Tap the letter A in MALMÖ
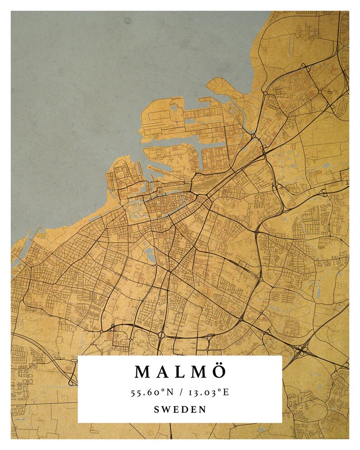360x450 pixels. pos(165,372)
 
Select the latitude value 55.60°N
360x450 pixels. pos(153,392)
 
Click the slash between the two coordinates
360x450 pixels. pos(180,392)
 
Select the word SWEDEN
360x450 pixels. pos(180,410)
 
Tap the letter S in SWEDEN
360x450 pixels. pos(157,410)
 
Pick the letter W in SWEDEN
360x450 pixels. pos(166,410)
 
